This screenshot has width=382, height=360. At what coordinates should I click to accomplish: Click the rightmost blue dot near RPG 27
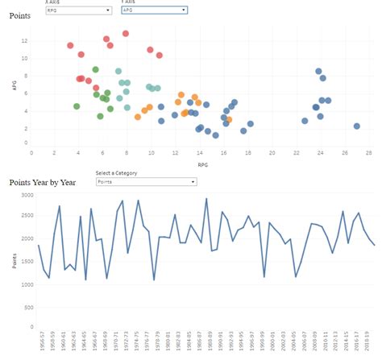tap(357, 126)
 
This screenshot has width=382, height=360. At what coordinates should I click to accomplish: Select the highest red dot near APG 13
tap(126, 34)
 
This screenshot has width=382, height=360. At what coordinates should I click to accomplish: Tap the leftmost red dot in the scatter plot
tap(71, 46)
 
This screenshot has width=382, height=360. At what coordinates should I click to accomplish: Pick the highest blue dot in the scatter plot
tap(319, 71)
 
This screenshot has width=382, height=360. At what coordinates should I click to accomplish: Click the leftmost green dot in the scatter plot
tap(77, 106)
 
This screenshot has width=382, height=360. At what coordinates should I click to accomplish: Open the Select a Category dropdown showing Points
tap(145, 182)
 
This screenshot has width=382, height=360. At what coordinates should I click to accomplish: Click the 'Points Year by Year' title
tap(43, 182)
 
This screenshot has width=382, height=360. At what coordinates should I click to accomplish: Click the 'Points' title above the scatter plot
tap(20, 15)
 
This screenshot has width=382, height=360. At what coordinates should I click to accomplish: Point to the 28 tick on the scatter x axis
tap(368, 152)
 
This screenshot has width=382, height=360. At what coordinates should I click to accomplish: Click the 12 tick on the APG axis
tap(25, 40)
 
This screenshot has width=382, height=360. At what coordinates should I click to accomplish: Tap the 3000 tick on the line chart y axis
tap(26, 196)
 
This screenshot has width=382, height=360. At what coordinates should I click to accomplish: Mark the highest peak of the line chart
tap(206, 199)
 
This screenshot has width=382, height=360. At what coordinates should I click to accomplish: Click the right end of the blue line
tap(375, 245)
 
